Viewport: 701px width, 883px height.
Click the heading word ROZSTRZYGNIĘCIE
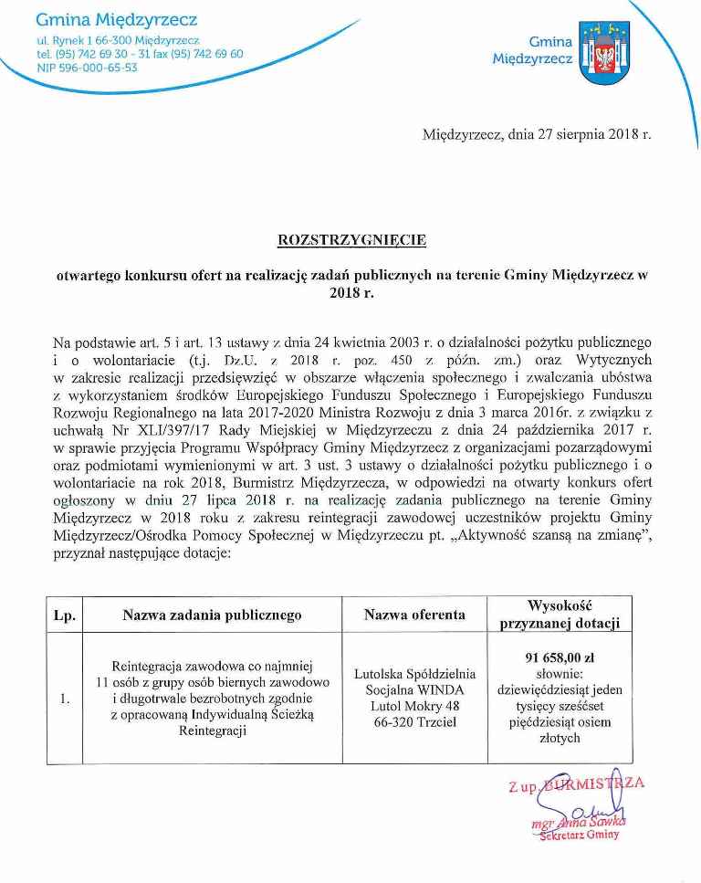tap(351, 240)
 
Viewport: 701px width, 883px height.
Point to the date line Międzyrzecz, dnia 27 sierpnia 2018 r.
tap(537, 134)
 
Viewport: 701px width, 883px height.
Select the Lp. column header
tap(64, 615)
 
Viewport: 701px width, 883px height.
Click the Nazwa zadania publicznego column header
tap(212, 615)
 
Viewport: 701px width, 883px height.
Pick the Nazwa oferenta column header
tap(415, 615)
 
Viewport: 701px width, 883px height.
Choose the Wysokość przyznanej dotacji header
tap(560, 615)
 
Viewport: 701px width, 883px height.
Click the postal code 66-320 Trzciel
tap(415, 723)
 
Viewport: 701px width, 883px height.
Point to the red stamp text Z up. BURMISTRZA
tap(577, 785)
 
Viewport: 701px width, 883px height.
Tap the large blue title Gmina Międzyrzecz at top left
tap(116, 19)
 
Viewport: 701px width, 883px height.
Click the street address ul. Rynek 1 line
tap(118, 41)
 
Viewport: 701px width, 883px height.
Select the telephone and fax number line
tap(140, 54)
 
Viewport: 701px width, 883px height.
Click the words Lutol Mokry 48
tap(415, 707)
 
